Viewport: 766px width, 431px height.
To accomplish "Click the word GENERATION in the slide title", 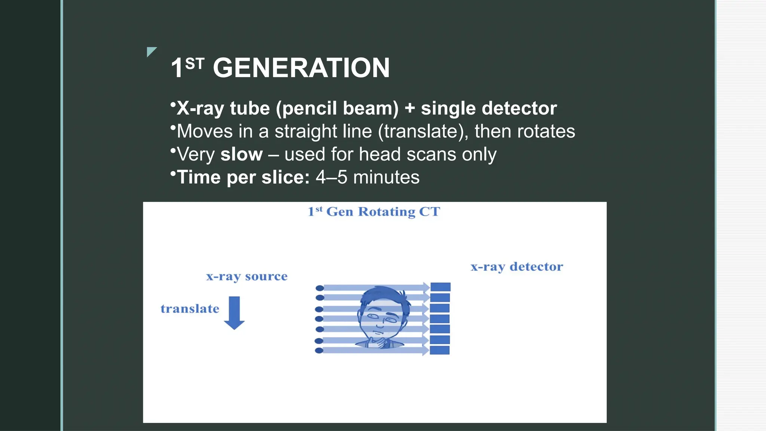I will [x=301, y=68].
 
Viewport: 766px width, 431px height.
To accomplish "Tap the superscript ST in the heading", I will [x=194, y=64].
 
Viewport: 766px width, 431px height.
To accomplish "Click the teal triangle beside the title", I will [x=151, y=51].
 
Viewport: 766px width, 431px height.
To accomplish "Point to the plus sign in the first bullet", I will [x=410, y=108].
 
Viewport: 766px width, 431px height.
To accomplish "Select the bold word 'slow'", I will [x=241, y=155].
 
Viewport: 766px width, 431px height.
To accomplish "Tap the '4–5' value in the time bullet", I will [x=331, y=177].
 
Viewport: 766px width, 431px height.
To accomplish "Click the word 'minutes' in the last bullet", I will [x=386, y=177].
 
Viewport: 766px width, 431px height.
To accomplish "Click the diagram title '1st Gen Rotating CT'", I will [x=374, y=212].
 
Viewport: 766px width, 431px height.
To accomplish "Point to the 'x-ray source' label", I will [x=246, y=276].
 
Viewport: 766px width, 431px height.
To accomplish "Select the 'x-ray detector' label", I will [x=517, y=267].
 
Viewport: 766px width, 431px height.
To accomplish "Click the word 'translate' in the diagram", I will [x=190, y=309].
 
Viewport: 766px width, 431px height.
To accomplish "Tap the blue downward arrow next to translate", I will [x=235, y=313].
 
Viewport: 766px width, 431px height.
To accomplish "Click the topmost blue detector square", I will [x=440, y=287].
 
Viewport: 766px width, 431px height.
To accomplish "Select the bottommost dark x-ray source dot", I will [x=319, y=351].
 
